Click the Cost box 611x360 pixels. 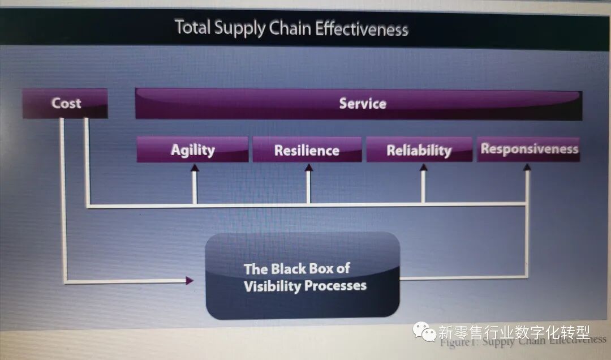click(x=65, y=104)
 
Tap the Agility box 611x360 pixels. click(x=192, y=150)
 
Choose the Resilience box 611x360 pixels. click(x=307, y=150)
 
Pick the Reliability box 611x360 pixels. click(x=419, y=150)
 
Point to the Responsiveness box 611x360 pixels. click(x=528, y=149)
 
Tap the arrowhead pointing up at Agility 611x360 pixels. click(x=195, y=168)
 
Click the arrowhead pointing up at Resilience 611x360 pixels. click(x=309, y=168)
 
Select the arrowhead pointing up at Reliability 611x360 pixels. click(x=423, y=168)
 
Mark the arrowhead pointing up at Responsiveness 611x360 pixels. click(x=527, y=167)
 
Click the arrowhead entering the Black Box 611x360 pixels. click(x=190, y=280)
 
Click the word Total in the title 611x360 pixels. click(x=192, y=27)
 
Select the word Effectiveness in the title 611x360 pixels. click(x=362, y=29)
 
